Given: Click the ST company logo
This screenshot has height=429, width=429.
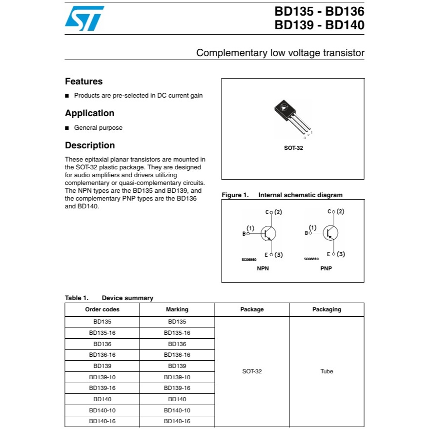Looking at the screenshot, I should tap(84, 18).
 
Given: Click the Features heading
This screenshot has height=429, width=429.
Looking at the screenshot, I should tap(83, 82).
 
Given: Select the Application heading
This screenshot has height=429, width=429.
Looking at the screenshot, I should tap(89, 113).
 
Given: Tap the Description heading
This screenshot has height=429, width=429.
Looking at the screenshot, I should tap(90, 145).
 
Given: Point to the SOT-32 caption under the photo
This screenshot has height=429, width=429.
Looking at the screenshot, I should tap(293, 148).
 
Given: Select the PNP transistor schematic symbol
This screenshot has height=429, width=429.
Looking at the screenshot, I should tap(330, 233).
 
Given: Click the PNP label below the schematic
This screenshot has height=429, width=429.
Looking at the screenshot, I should tap(326, 268).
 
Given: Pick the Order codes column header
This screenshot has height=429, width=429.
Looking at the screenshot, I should tap(102, 309).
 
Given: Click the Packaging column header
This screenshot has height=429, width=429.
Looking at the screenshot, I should tap(327, 309).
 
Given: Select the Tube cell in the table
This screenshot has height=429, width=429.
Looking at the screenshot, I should tap(327, 371).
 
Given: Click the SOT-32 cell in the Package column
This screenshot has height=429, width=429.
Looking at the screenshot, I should tap(252, 371).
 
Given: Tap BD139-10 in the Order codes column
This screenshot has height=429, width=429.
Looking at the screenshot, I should tap(102, 377).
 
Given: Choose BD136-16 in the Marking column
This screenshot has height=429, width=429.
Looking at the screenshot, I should tap(177, 355).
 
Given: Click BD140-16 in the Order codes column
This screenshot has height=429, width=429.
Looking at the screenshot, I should tap(102, 421).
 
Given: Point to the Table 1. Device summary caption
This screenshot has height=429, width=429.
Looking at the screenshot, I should tap(109, 298).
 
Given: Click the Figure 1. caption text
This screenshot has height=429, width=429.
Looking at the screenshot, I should tap(282, 195).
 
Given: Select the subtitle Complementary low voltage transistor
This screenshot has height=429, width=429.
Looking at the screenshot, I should tap(280, 53).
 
